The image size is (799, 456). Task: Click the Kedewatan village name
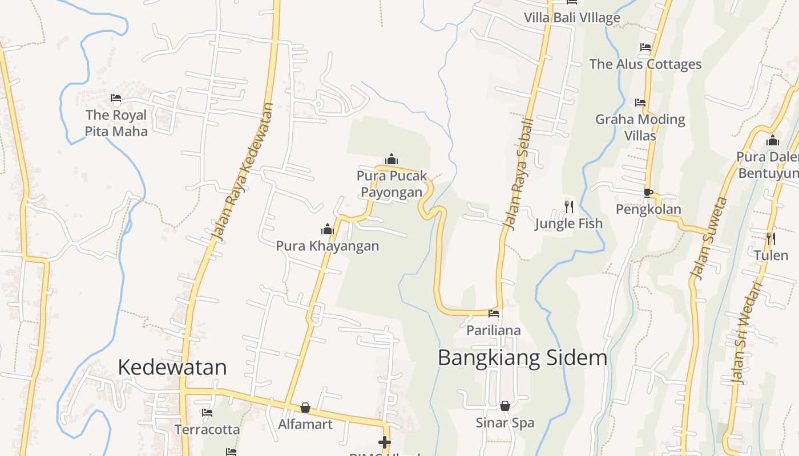(172, 367)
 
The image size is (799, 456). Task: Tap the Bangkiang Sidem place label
(522, 358)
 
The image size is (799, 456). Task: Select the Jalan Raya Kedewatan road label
(243, 171)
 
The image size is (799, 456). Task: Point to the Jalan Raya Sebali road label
(518, 174)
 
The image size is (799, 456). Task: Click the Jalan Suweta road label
(709, 238)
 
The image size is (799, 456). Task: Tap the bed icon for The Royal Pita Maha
(116, 98)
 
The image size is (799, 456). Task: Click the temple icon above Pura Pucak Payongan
(392, 159)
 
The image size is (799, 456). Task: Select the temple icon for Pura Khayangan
(328, 229)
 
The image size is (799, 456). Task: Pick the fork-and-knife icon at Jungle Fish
(569, 206)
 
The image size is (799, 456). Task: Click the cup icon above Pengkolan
(648, 193)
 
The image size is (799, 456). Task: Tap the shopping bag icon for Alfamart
(305, 408)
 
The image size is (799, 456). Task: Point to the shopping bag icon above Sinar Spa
(505, 406)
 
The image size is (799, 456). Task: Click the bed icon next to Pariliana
(494, 313)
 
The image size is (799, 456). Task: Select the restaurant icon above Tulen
(770, 238)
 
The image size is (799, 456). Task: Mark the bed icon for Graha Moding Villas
(640, 103)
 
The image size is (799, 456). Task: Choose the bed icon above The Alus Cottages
(645, 47)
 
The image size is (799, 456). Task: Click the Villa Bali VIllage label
(572, 18)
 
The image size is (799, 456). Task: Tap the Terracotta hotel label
(207, 429)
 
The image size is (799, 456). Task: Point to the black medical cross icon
(385, 442)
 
